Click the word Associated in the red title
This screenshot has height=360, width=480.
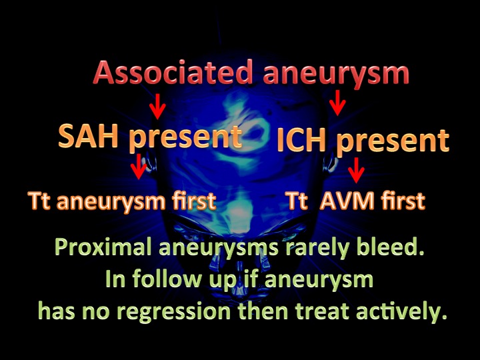[173, 72]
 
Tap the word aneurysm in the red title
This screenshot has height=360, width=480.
[336, 75]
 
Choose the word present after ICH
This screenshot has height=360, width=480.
[393, 143]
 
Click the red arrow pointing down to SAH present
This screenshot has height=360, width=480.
[157, 106]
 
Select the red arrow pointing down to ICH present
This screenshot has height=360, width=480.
[337, 103]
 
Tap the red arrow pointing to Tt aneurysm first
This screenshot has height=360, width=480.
[139, 166]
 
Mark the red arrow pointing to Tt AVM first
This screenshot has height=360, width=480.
[356, 170]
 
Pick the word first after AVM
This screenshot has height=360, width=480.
[403, 201]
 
